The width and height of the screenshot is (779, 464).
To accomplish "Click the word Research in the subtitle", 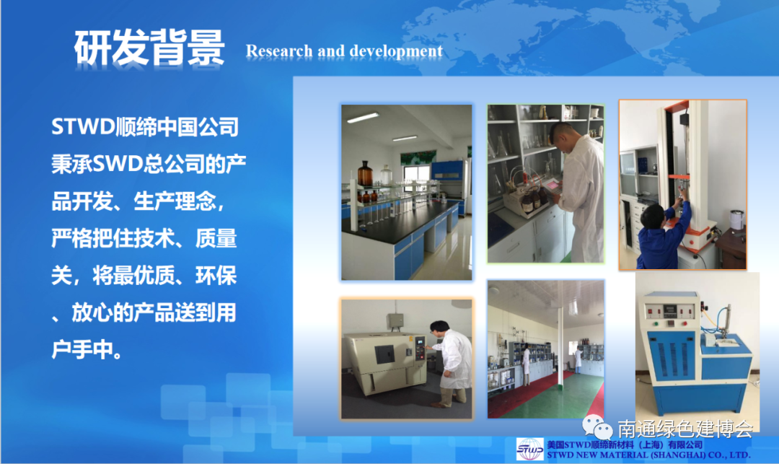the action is point(279,51).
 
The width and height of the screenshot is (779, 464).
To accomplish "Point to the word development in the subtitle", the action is point(396,51).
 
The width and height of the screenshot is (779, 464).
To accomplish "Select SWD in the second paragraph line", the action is point(118,163).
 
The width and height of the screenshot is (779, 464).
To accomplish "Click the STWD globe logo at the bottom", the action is point(530,449).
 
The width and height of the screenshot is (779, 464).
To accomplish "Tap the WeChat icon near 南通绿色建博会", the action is point(597,427).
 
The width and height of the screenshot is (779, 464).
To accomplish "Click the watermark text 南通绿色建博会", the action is point(686,429).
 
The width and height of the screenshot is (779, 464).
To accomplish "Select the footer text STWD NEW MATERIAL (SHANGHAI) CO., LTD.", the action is point(648,455).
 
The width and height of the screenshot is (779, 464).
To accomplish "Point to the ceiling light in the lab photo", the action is point(363,118).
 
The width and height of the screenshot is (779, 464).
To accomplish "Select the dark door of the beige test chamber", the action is point(384,354).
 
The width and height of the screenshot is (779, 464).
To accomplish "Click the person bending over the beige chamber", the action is point(450,363).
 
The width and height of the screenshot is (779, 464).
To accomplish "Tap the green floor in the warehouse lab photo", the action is point(556,398).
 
